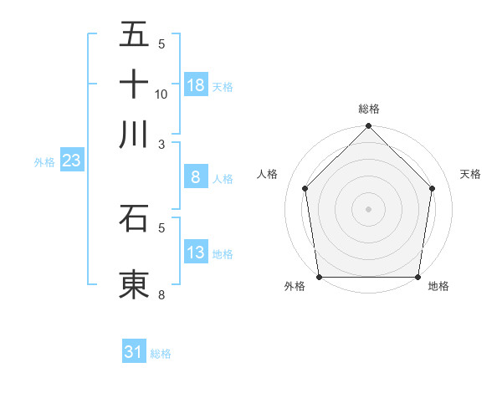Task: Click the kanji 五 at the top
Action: click(x=135, y=35)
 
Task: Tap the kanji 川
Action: click(x=135, y=134)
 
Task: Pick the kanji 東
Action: click(x=135, y=284)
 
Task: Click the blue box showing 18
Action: click(x=196, y=84)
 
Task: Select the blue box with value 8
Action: click(x=196, y=176)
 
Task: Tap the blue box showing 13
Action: click(x=196, y=252)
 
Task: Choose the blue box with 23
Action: click(x=71, y=161)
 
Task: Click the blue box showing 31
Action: click(x=134, y=352)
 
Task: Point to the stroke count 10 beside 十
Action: click(x=161, y=94)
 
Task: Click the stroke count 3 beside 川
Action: click(x=162, y=145)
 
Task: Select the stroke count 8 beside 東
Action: click(x=162, y=294)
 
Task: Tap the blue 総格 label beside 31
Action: click(x=161, y=354)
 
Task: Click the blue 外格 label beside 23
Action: click(x=44, y=162)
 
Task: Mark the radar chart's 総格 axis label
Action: click(x=369, y=109)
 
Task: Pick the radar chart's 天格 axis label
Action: click(x=470, y=174)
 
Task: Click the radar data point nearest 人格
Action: click(x=305, y=188)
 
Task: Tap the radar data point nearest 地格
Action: click(x=418, y=277)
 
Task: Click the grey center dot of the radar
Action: click(x=369, y=208)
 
